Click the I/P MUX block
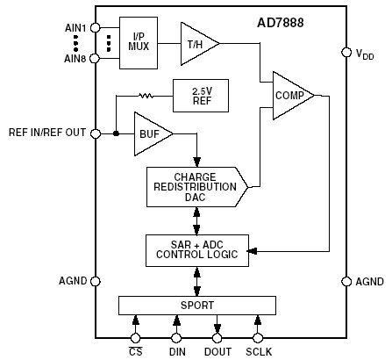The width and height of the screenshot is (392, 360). [139, 43]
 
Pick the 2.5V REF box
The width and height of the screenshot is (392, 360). [201, 96]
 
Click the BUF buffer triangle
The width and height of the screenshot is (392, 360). [151, 133]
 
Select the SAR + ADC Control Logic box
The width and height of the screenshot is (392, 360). [197, 250]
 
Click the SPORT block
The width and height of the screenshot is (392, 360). [197, 306]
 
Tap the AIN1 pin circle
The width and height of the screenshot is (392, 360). [96, 28]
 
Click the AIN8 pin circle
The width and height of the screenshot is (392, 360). [95, 58]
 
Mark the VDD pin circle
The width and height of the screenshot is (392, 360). [346, 52]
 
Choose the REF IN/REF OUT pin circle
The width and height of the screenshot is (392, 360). [96, 133]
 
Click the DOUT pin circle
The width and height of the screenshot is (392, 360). [217, 338]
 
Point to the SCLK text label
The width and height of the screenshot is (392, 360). [259, 351]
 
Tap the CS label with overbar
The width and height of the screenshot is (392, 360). [135, 351]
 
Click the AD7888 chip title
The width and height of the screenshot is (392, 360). [281, 23]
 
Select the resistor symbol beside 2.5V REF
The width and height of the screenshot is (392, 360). [146, 96]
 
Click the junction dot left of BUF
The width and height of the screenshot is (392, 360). [116, 133]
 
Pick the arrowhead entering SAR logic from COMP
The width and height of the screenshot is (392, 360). [252, 251]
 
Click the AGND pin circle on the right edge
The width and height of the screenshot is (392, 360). [346, 281]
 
